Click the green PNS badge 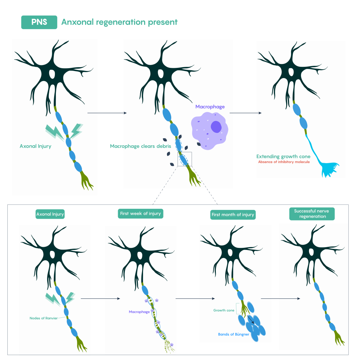39,22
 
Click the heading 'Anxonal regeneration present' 119,22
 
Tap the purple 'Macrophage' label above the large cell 210,106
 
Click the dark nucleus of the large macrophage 216,127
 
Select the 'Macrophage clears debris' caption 140,146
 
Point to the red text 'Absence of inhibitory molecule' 284,162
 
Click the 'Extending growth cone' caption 283,156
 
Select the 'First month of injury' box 233,214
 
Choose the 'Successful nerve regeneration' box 312,214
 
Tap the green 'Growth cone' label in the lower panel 224,310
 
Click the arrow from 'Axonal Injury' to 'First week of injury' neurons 100,299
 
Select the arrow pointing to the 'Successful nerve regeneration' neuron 281,299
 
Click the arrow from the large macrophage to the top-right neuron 245,113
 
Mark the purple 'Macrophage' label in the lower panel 140,311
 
